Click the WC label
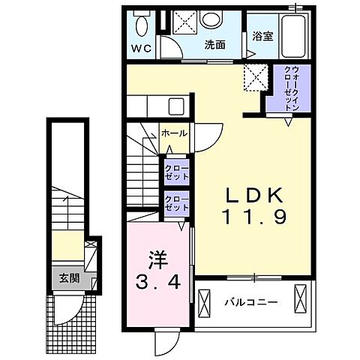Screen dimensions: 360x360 click(x=141, y=49)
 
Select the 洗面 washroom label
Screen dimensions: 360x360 click(x=215, y=45)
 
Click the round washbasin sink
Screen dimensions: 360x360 click(x=211, y=19)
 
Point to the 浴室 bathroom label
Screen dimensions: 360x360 click(x=262, y=37)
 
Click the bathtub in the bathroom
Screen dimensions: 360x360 click(x=293, y=37)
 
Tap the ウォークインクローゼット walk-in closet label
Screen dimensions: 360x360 click(x=292, y=88)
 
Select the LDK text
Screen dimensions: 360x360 click(x=255, y=195)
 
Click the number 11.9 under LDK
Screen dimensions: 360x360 click(x=254, y=217)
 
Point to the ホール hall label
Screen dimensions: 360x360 click(x=174, y=133)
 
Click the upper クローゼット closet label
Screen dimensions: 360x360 click(x=177, y=172)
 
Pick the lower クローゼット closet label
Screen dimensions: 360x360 click(x=177, y=203)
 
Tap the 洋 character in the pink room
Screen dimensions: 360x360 click(x=158, y=260)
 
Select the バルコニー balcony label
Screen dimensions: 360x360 click(x=251, y=303)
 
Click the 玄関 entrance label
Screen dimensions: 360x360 click(x=69, y=278)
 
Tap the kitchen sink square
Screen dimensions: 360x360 click(x=176, y=106)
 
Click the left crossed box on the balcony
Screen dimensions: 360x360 click(x=204, y=304)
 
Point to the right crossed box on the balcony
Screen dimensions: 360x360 click(x=300, y=298)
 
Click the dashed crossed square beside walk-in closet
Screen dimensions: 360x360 click(x=256, y=77)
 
